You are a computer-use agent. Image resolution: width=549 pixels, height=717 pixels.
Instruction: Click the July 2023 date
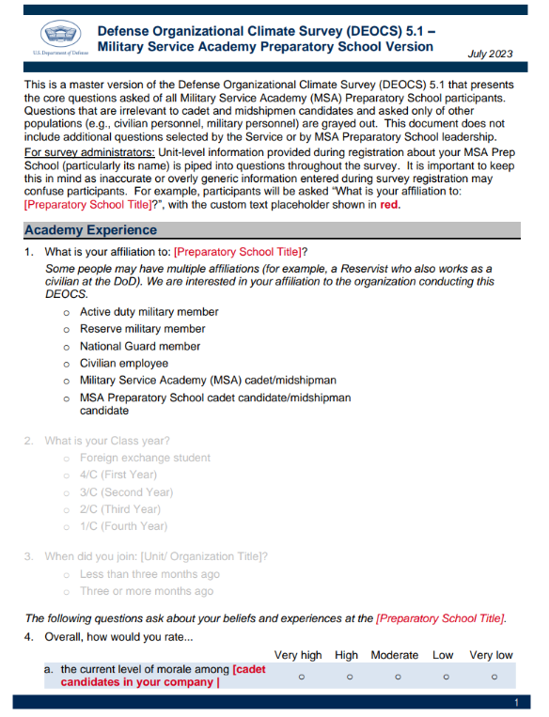tap(490, 54)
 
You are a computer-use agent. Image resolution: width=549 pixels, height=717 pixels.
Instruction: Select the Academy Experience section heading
tap(91, 230)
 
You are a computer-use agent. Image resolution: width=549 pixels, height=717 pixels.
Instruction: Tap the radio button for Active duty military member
tap(67, 312)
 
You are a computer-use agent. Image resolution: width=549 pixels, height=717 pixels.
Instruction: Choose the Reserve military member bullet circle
tap(67, 330)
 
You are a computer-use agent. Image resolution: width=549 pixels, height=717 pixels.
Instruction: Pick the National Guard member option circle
tap(67, 347)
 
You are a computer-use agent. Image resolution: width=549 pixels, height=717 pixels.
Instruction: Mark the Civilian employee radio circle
tap(67, 364)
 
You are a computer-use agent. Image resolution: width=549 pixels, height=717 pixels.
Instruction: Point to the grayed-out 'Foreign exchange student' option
tap(145, 458)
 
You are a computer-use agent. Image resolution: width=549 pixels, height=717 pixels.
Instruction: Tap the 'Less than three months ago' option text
tap(149, 574)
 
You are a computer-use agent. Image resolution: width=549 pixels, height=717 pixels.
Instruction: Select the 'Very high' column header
tap(297, 655)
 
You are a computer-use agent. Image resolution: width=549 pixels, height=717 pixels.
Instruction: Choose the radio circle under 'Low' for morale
tap(446, 676)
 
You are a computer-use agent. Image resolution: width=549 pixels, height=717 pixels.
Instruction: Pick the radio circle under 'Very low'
tap(494, 676)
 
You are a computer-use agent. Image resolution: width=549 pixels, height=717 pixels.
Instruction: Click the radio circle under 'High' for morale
tap(349, 676)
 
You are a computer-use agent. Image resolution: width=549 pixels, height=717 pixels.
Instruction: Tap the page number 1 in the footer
tap(516, 703)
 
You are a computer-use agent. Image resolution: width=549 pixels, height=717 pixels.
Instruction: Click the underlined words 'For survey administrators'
tap(86, 153)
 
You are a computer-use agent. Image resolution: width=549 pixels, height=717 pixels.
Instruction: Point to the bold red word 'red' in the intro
tap(389, 205)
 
